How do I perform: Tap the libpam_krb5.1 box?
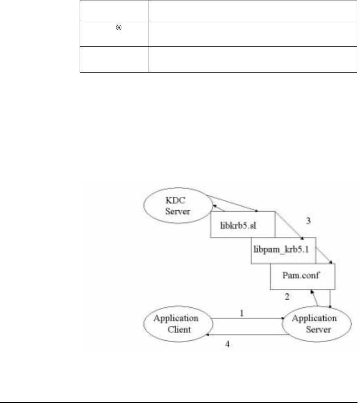pyautogui.click(x=283, y=250)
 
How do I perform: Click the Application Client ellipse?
pyautogui.click(x=175, y=324)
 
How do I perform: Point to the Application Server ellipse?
pyautogui.click(x=315, y=324)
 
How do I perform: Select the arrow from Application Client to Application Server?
pyautogui.click(x=248, y=318)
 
